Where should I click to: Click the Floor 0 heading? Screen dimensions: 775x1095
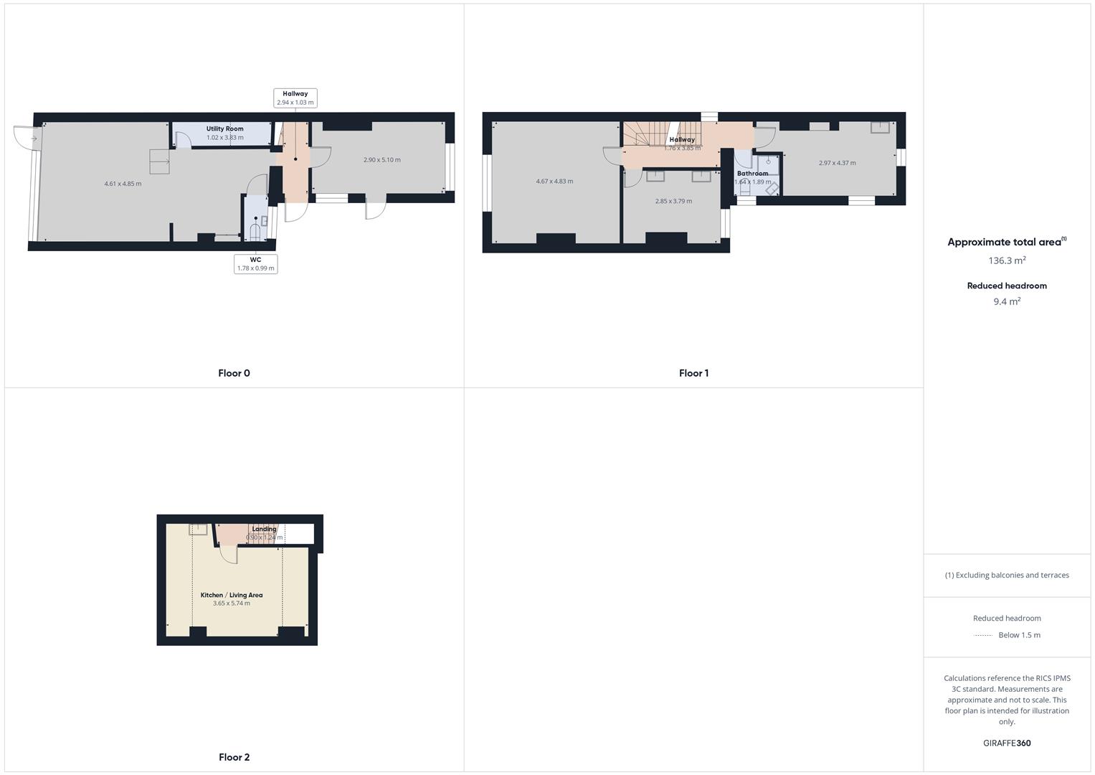234,373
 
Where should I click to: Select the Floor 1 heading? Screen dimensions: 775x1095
693,373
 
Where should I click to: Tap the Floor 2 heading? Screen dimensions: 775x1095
234,757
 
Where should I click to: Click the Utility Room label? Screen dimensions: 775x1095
224,129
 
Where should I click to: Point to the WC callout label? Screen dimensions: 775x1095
255,264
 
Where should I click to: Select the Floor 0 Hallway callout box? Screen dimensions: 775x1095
295,98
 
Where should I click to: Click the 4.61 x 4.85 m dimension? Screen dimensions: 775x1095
123,184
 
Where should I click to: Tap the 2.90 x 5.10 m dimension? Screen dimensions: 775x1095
381,160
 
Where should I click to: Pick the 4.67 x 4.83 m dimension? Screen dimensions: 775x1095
554,182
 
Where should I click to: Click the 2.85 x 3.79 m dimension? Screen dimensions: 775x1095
673,202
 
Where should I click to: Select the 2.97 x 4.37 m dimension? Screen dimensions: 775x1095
837,163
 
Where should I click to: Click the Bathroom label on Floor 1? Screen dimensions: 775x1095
752,174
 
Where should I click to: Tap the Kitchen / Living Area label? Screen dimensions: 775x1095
231,595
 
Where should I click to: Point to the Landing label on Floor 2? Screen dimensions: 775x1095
264,530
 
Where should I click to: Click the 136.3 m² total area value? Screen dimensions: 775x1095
1007,260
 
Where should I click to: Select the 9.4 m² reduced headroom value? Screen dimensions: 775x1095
1007,301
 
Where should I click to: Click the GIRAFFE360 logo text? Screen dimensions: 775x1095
1007,743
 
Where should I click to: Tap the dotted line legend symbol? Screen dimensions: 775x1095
983,635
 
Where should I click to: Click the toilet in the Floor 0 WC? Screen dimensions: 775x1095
255,231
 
